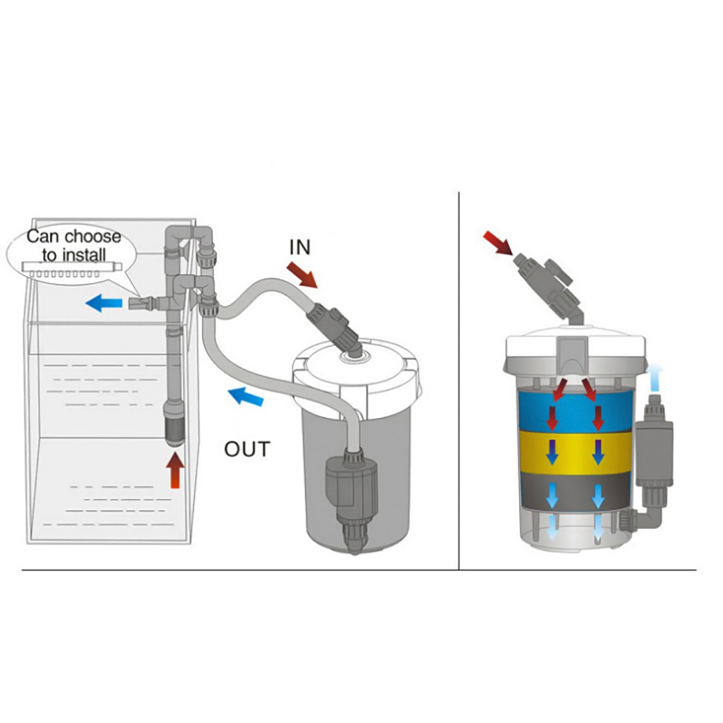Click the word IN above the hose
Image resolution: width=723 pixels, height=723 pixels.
[x=299, y=247]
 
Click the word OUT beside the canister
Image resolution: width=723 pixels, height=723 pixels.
[x=247, y=449]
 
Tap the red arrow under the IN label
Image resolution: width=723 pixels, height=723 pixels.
[x=302, y=275]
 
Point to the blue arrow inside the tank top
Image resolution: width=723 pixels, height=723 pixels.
[x=104, y=304]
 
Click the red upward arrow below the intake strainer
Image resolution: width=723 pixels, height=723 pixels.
[x=175, y=470]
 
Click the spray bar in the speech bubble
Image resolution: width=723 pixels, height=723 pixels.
[x=72, y=269]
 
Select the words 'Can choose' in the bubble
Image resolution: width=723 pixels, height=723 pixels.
[x=73, y=237]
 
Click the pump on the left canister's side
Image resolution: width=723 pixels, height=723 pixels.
[x=352, y=479]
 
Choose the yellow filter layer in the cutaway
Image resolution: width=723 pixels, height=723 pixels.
[x=575, y=452]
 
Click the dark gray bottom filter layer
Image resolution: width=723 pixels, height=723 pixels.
[x=575, y=494]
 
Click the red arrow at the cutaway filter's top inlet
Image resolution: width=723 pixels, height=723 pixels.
[x=498, y=244]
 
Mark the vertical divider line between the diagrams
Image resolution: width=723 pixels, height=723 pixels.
[x=459, y=381]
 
